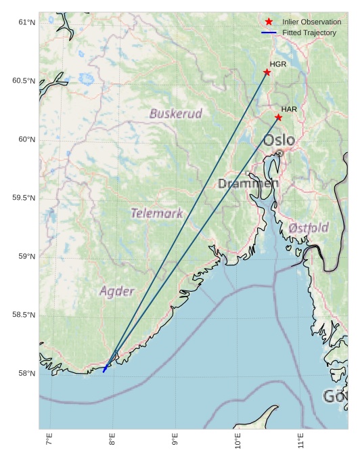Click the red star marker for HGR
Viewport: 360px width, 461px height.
(x=267, y=72)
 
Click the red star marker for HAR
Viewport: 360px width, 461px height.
(x=278, y=117)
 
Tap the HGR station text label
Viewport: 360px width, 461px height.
(x=278, y=64)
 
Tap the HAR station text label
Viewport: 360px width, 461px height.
(x=290, y=109)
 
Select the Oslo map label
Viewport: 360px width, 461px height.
(x=279, y=140)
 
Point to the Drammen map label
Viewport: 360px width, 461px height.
(x=248, y=183)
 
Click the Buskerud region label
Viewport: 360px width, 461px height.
(x=176, y=113)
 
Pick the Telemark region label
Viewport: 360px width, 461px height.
(x=156, y=213)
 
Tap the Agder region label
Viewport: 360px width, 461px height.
(x=117, y=292)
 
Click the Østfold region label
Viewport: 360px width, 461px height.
(x=309, y=228)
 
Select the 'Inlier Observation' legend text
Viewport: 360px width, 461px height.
(x=311, y=22)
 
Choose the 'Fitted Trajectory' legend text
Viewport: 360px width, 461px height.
(x=309, y=32)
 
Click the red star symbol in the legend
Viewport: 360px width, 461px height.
(x=269, y=22)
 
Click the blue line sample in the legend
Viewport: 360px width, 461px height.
(x=269, y=32)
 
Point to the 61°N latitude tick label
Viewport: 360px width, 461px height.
(x=25, y=22)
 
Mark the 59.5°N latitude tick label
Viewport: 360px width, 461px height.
(x=23, y=198)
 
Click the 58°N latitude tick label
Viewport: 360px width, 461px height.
(x=25, y=374)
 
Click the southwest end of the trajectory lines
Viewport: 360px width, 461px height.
(x=104, y=372)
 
